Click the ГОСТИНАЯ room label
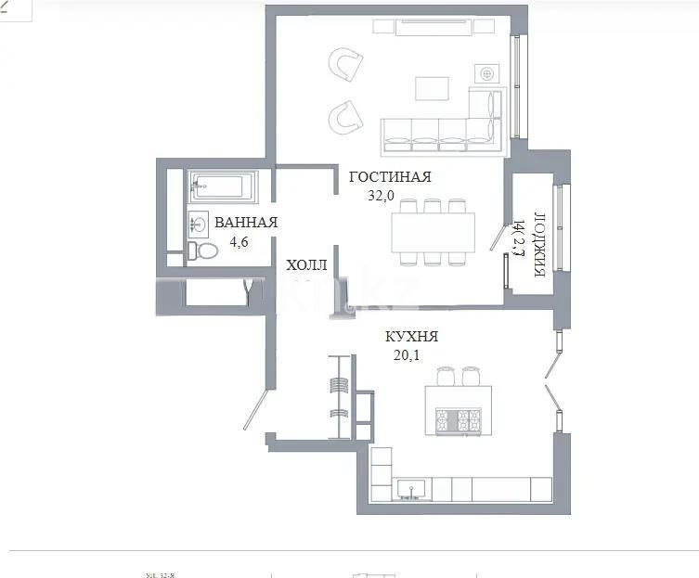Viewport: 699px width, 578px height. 390,176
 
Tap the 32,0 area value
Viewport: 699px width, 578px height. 382,195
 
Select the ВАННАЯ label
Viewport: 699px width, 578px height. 246,223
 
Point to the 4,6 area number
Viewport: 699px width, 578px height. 239,242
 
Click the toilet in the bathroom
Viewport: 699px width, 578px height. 203,250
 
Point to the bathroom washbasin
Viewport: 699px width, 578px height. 199,223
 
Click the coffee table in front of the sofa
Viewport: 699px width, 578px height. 432,88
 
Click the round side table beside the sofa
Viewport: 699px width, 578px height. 486,73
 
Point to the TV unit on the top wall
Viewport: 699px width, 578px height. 435,28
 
